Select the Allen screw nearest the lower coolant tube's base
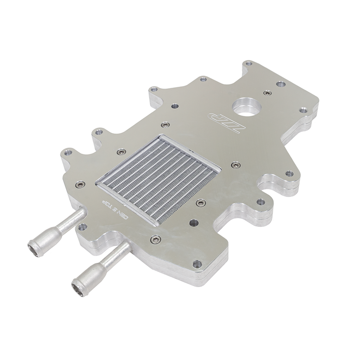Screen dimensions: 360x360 [x=156, y=239]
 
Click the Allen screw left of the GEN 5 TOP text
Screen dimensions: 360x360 [x=80, y=184]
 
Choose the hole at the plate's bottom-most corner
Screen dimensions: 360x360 [x=197, y=264]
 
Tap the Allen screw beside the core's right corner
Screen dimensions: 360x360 [x=235, y=165]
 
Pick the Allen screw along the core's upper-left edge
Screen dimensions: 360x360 [x=121, y=152]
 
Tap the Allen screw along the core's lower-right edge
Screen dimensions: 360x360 [x=201, y=202]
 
